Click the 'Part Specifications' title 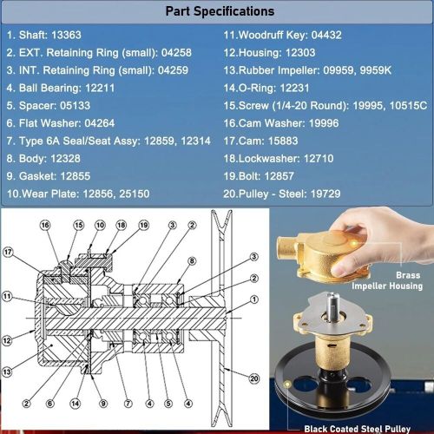pyautogui.click(x=220, y=11)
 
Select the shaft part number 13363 pyautogui.click(x=66, y=35)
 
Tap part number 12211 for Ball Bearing pyautogui.click(x=100, y=88)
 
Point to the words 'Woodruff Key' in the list pyautogui.click(x=272, y=35)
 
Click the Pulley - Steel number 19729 pyautogui.click(x=325, y=194)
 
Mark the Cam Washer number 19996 pyautogui.click(x=324, y=123)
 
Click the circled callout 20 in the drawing pyautogui.click(x=253, y=378)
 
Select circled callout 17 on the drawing pyautogui.click(x=8, y=252)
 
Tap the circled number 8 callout pyautogui.click(x=192, y=261)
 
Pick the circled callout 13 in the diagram pyautogui.click(x=7, y=372)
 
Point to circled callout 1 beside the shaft pyautogui.click(x=253, y=299)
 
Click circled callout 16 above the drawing pyautogui.click(x=45, y=225)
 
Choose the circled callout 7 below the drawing pyautogui.click(x=128, y=404)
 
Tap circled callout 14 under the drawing pyautogui.click(x=75, y=404)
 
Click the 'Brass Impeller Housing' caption pyautogui.click(x=387, y=280)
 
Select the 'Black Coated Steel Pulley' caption pyautogui.click(x=358, y=429)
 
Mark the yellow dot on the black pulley pyautogui.click(x=287, y=384)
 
